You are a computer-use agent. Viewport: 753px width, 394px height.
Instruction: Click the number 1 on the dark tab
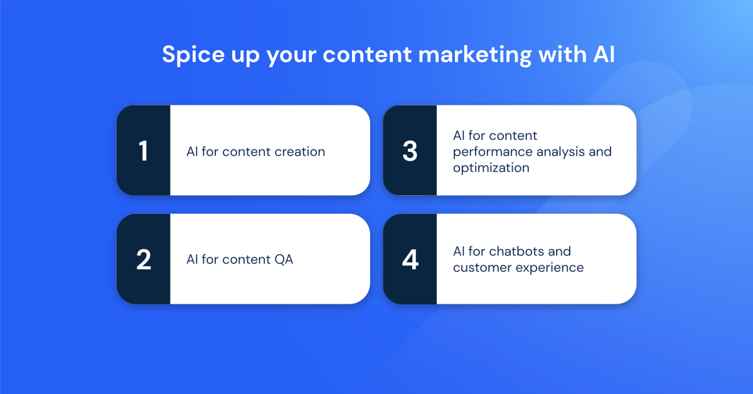point(144,151)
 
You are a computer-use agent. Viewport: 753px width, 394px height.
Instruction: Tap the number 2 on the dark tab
point(144,260)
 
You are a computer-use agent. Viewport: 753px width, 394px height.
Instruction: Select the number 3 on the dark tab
point(410,151)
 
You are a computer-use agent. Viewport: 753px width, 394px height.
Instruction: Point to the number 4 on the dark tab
point(410,260)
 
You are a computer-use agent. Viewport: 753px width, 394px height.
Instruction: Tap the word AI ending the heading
point(603,55)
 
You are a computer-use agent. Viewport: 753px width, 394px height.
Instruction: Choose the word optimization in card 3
point(491,168)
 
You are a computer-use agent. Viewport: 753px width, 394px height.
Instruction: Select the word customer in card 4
point(480,268)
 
